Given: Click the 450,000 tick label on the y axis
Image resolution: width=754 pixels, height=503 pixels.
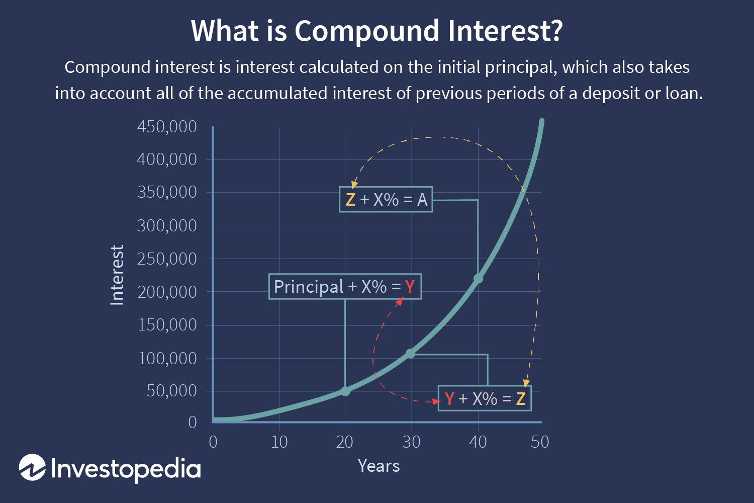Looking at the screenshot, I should click(x=167, y=127).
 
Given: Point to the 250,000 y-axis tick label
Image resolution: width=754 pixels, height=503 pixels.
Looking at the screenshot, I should click(x=167, y=259).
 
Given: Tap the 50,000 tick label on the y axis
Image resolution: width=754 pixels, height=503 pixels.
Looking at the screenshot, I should click(x=171, y=391).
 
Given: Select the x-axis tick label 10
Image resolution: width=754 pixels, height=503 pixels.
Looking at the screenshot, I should click(x=279, y=442).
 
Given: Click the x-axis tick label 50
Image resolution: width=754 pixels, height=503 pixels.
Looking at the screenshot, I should click(x=539, y=442).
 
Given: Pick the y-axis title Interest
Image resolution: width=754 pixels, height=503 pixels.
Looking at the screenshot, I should click(x=117, y=275).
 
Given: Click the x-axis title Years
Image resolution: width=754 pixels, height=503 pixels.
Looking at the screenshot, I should click(x=379, y=466).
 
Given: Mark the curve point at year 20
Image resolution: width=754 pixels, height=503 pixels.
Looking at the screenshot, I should click(x=345, y=391).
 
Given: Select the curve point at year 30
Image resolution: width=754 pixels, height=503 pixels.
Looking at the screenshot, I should click(x=411, y=354).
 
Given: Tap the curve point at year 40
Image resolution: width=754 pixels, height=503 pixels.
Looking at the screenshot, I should click(x=478, y=278).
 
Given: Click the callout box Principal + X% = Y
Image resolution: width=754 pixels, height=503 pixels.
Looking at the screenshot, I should click(x=345, y=287).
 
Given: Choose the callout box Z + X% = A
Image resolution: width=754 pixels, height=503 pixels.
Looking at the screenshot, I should click(x=386, y=200).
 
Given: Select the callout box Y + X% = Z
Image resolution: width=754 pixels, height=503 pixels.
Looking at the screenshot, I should click(x=485, y=399).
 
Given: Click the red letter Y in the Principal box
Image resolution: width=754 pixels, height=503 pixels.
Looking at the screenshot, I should click(x=410, y=287).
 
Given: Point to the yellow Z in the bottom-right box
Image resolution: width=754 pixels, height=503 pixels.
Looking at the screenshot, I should click(x=521, y=399).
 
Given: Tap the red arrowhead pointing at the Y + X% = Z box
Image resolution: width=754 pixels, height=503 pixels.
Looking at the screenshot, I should click(x=436, y=401).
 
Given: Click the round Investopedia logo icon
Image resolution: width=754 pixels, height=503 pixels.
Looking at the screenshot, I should click(x=32, y=467).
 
